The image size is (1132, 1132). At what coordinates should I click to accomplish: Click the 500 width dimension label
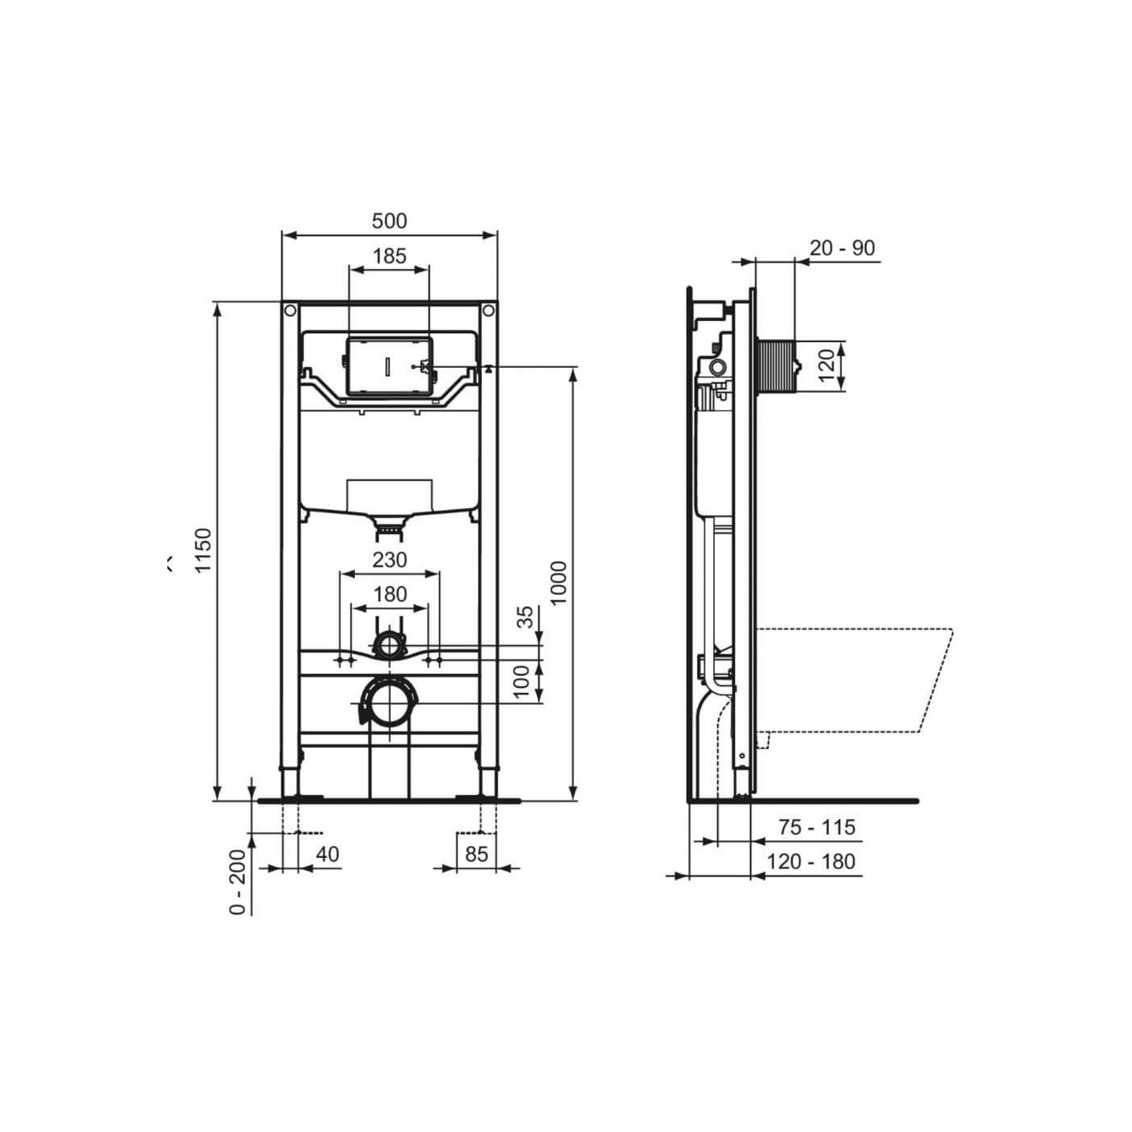pyautogui.click(x=389, y=221)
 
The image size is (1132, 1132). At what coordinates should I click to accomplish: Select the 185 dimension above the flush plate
pyautogui.click(x=389, y=256)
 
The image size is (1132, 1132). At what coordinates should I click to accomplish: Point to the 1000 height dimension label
pyautogui.click(x=558, y=582)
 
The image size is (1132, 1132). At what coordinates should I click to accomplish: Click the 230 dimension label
pyautogui.click(x=389, y=560)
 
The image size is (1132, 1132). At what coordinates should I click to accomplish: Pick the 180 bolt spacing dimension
pyautogui.click(x=389, y=594)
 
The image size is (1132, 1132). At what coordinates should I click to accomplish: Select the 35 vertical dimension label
pyautogui.click(x=526, y=617)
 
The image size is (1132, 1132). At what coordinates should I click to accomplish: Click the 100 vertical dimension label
pyautogui.click(x=523, y=682)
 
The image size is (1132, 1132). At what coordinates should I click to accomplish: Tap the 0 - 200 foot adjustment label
pyautogui.click(x=238, y=882)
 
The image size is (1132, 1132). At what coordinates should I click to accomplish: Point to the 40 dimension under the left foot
pyautogui.click(x=327, y=854)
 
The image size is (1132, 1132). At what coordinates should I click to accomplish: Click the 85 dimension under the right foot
pyautogui.click(x=476, y=854)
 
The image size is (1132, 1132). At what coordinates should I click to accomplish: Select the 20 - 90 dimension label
pyautogui.click(x=843, y=248)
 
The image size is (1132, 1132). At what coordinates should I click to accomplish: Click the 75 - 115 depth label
pyautogui.click(x=817, y=827)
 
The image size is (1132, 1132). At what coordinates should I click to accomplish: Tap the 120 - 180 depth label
pyautogui.click(x=810, y=862)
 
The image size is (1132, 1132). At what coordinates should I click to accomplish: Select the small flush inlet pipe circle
pyautogui.click(x=389, y=645)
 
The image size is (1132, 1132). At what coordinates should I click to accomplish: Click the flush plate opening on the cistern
pyautogui.click(x=389, y=365)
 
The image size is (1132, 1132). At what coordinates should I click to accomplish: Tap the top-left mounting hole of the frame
pyautogui.click(x=289, y=310)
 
